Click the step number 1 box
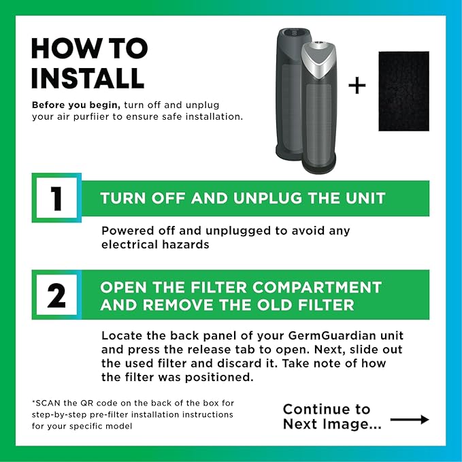[56, 198]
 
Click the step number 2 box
[56, 295]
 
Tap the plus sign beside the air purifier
[357, 86]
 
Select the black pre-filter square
[403, 91]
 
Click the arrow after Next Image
[410, 420]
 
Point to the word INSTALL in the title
[88, 78]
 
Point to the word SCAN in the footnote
[48, 402]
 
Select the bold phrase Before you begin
[68, 105]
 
